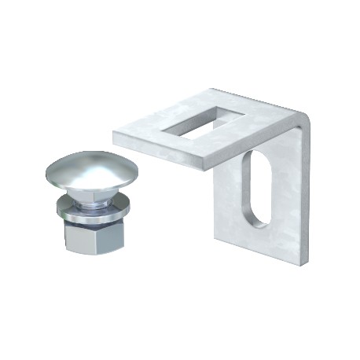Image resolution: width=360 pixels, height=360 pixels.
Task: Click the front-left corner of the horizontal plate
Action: [114, 136]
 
